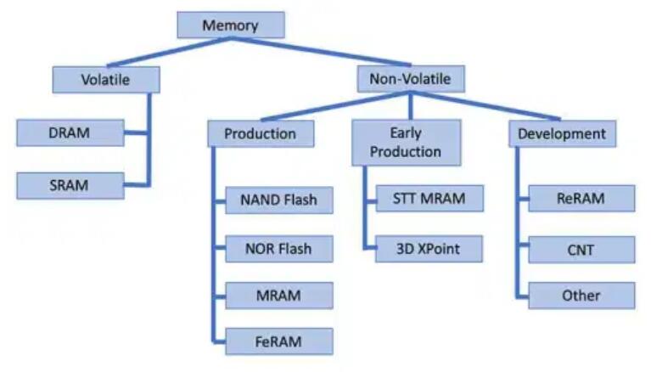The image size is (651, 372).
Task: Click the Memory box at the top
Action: point(230,25)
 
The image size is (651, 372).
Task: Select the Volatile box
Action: point(105,80)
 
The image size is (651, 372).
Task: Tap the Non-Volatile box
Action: point(411,80)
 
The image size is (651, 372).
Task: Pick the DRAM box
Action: point(70,133)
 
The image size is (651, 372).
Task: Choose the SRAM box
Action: point(70,184)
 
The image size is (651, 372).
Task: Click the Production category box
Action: point(260,133)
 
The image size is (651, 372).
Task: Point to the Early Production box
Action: point(406,142)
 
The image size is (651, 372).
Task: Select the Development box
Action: point(561,133)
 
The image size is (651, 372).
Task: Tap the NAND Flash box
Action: point(278,201)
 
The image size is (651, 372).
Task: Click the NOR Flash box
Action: point(278,249)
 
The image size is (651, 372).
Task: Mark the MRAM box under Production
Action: point(278,296)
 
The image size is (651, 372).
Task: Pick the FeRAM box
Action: point(278,341)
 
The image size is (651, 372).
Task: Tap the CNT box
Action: point(581,251)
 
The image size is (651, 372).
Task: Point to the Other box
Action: point(581,296)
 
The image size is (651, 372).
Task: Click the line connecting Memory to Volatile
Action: point(161,54)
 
